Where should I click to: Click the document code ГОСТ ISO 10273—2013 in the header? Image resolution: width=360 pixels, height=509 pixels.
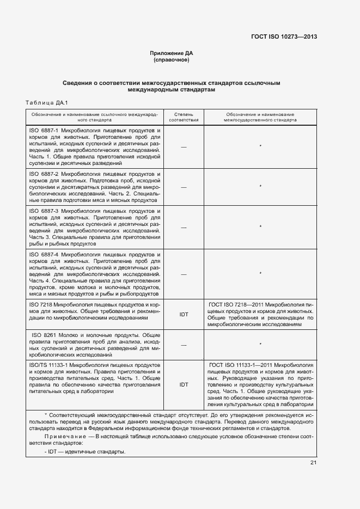(x=284, y=37)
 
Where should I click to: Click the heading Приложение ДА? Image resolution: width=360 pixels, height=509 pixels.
(x=172, y=53)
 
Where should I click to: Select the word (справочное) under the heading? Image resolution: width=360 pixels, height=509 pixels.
(x=172, y=60)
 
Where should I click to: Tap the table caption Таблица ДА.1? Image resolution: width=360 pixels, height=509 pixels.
(x=46, y=102)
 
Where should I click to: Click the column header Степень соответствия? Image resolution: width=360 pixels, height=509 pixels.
(x=184, y=118)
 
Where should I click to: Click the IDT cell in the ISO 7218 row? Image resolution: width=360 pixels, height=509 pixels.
(x=184, y=314)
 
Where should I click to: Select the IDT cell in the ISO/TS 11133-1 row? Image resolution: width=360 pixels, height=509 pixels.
(x=184, y=384)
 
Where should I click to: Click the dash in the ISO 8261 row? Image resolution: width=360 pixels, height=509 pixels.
(x=184, y=345)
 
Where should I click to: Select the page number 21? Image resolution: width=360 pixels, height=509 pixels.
(x=313, y=463)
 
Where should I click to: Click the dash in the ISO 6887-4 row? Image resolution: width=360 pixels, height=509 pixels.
(x=184, y=274)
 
